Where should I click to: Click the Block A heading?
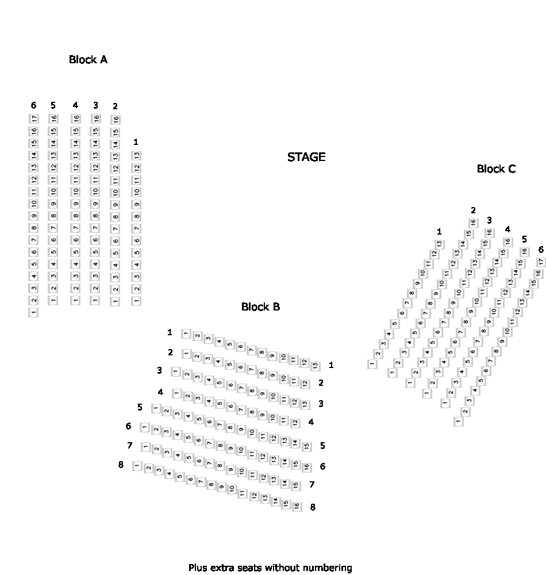pyautogui.click(x=88, y=59)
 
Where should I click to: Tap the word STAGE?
pyautogui.click(x=306, y=157)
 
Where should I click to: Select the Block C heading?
pyautogui.click(x=496, y=168)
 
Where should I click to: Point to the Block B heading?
pyautogui.click(x=260, y=306)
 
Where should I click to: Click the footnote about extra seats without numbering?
pyautogui.click(x=270, y=568)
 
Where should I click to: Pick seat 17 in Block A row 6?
pyautogui.click(x=34, y=118)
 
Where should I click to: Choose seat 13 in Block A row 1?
pyautogui.click(x=136, y=155)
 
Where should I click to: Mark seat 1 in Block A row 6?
pyautogui.click(x=34, y=312)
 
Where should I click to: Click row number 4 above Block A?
pyautogui.click(x=75, y=105)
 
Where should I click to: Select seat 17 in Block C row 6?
pyautogui.click(x=541, y=262)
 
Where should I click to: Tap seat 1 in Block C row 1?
pyautogui.click(x=372, y=364)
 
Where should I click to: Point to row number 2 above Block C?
pyautogui.click(x=473, y=210)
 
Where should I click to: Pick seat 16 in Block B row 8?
pyautogui.click(x=297, y=506)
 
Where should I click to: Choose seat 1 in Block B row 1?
pyautogui.click(x=186, y=333)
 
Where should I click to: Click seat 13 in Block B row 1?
pyautogui.click(x=315, y=366)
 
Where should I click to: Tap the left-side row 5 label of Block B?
pyautogui.click(x=140, y=407)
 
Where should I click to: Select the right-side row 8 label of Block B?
pyautogui.click(x=313, y=507)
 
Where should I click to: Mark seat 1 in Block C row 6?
pyautogui.click(x=458, y=421)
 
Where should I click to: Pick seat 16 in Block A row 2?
pyautogui.click(x=116, y=120)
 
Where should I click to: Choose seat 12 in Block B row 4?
pyautogui.click(x=295, y=423)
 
